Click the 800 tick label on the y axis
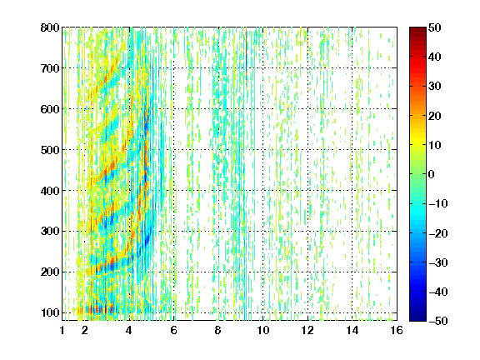point(50,27)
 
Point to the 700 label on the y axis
point(50,68)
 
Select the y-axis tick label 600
point(50,109)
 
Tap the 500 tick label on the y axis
point(50,150)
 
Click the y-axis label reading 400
point(50,191)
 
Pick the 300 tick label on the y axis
point(50,231)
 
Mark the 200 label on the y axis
point(50,272)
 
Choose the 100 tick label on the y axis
point(50,312)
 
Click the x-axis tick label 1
point(62,330)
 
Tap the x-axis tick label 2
point(85,330)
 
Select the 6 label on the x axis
point(173,330)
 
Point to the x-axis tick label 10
point(263,330)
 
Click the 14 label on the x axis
point(352,330)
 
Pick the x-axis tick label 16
point(397,330)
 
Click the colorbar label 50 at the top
point(434,27)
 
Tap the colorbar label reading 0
point(432,174)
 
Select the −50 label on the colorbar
point(438,321)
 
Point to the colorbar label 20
point(434,116)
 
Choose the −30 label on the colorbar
point(438,262)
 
